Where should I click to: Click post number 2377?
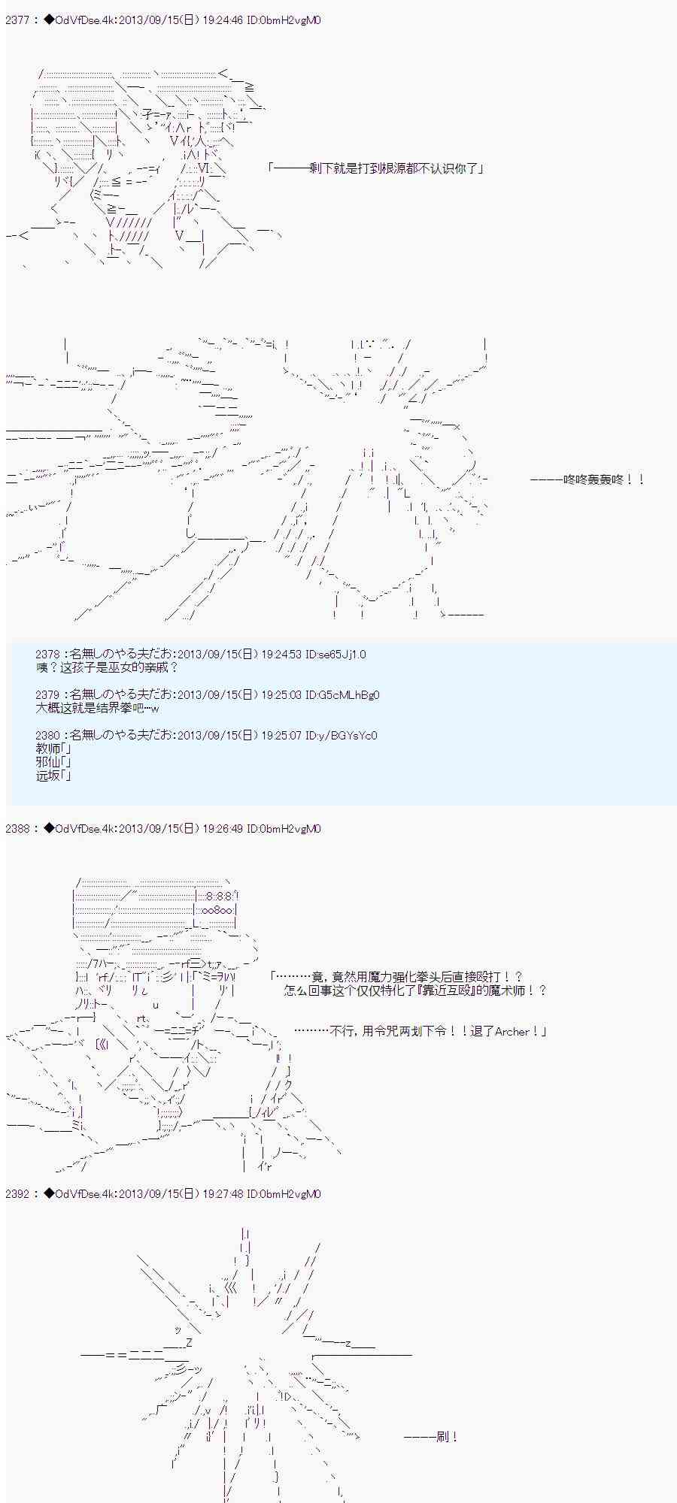tap(17, 20)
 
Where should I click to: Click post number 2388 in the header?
tap(17, 829)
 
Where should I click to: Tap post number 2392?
tap(17, 1193)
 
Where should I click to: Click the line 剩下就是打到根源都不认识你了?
tap(377, 168)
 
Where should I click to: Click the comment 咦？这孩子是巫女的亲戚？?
tap(108, 667)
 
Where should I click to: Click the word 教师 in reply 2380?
tap(47, 748)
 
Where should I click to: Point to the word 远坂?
tap(47, 776)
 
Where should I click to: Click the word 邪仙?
tap(47, 762)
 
